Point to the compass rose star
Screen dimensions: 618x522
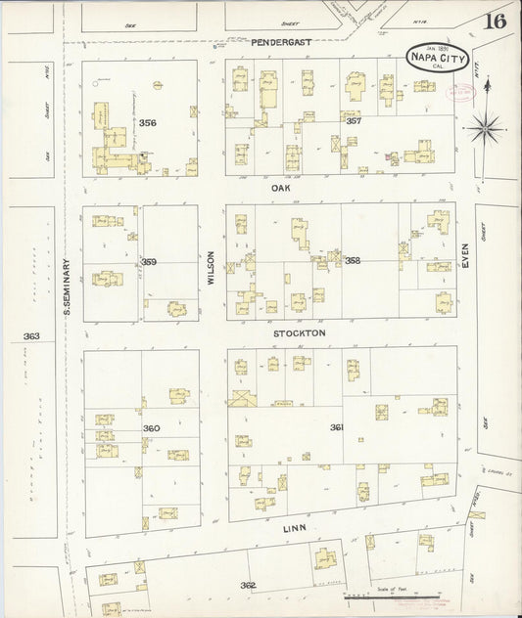coord(489,125)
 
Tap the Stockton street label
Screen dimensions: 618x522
coord(299,332)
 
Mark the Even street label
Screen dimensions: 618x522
coord(466,257)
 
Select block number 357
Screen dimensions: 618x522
coord(354,120)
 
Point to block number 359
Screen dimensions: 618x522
coord(149,261)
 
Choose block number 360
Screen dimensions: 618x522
coord(151,428)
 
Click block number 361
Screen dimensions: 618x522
coord(337,426)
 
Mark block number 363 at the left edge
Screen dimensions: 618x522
coord(31,336)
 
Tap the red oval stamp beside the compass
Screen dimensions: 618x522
coord(456,92)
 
